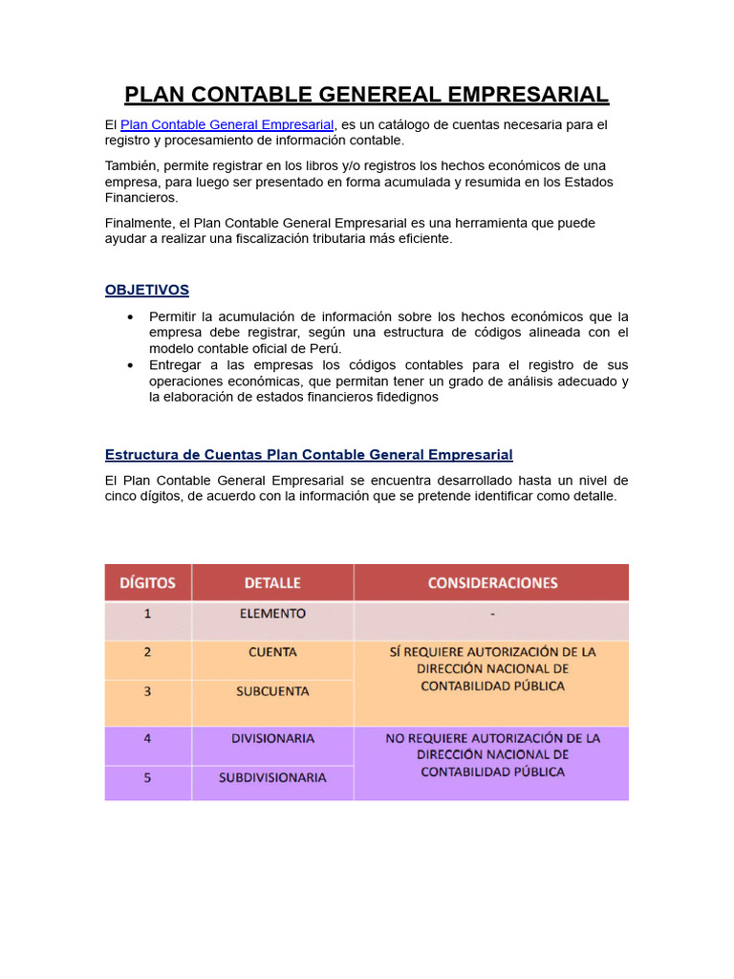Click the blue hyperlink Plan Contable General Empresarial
227,125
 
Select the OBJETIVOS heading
146,290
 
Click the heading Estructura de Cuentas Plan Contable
308,454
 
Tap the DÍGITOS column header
147,582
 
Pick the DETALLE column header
272,582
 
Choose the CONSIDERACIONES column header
491,582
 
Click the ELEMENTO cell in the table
272,614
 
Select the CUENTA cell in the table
272,652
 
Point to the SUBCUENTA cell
272,691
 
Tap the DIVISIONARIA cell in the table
272,738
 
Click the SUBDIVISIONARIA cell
272,777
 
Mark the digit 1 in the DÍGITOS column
147,614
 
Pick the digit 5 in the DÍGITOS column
147,777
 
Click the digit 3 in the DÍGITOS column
147,690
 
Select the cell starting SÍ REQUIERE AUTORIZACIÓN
491,668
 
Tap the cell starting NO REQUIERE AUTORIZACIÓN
491,754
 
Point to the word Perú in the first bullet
325,349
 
